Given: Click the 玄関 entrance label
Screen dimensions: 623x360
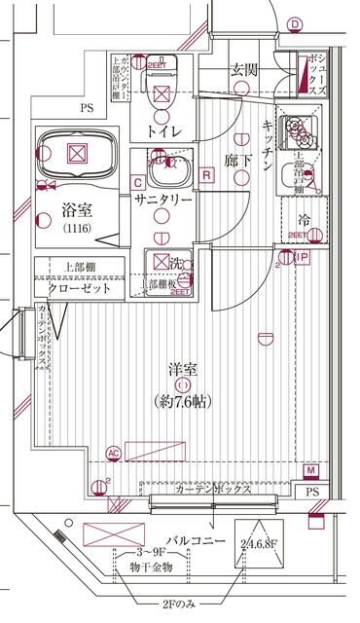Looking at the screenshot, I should coord(243,69).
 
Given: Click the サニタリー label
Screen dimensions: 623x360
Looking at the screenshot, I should coord(161,199).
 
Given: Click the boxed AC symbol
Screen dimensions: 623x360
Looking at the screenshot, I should coord(114,453).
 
